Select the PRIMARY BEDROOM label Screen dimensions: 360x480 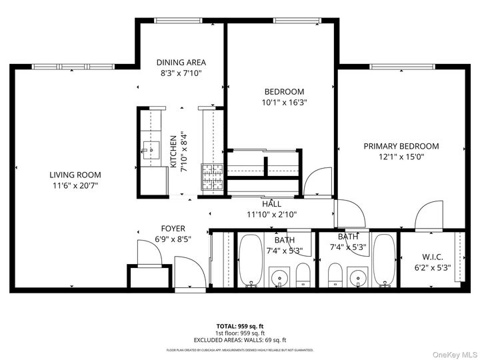coord(401,146)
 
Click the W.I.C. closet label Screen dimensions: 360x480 coord(433,257)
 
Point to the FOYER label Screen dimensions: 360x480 coord(173,229)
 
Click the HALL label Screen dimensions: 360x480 coord(271,204)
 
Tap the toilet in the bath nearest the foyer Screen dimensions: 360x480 coord(303,273)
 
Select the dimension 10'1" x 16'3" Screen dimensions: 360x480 coord(284,103)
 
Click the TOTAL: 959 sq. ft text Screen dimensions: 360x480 coord(239,327)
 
